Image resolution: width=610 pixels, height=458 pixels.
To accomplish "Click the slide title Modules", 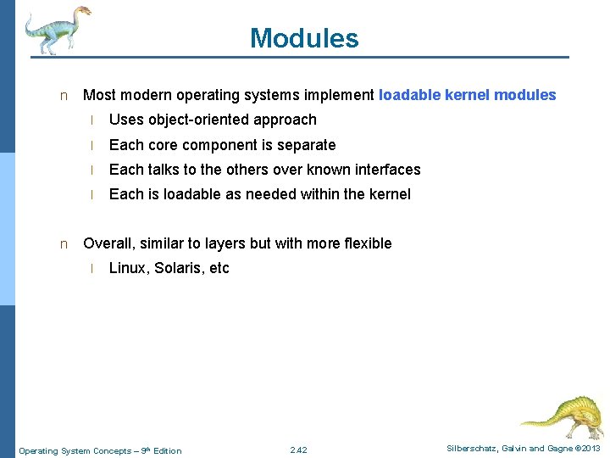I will pos(304,38).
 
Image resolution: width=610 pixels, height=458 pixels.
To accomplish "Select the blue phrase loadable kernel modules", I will pos(467,95).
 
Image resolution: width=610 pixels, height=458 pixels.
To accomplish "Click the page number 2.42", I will pos(298,450).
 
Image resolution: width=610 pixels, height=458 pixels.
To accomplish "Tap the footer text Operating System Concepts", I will pos(75,450).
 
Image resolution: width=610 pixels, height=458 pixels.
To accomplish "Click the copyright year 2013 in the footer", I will pos(590,449).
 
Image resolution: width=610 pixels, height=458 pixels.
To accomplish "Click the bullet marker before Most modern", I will pos(63,96).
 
